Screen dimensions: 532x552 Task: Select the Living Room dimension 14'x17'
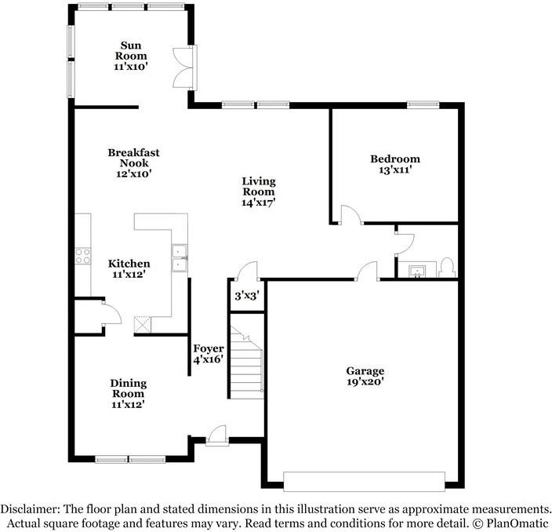tap(258, 202)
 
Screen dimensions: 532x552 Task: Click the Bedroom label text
tap(394, 159)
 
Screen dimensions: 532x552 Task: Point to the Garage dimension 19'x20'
tap(365, 382)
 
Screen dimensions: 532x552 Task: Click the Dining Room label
tap(128, 388)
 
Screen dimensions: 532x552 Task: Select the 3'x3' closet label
tap(247, 297)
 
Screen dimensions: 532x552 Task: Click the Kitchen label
tap(129, 264)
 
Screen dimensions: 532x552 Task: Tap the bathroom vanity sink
tap(416, 271)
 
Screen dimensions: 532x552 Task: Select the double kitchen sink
tap(180, 258)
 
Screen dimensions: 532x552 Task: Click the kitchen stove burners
tap(81, 255)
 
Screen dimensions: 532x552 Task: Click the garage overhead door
tap(363, 481)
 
